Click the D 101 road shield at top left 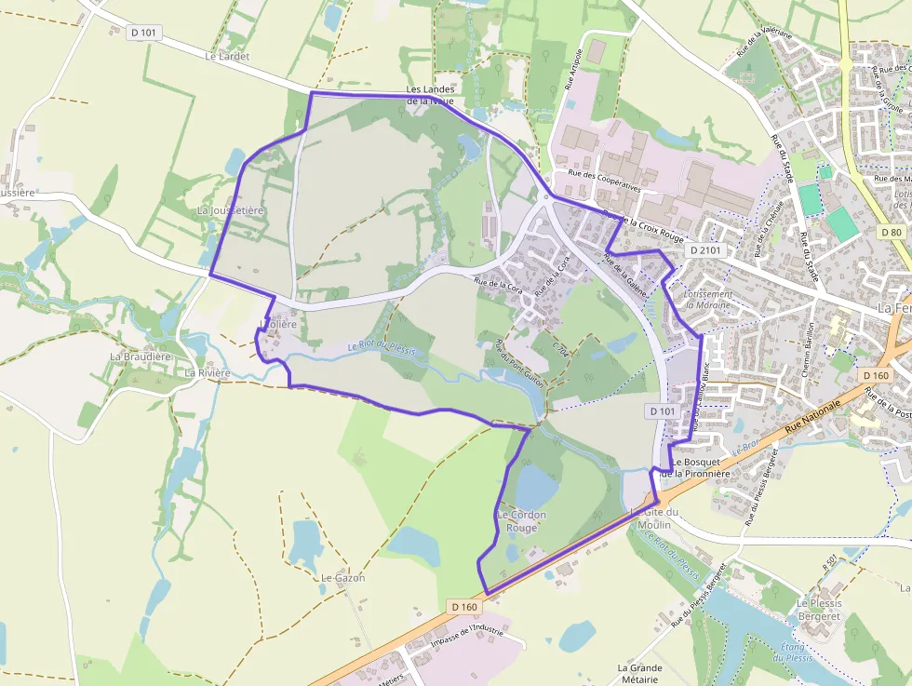click(x=144, y=32)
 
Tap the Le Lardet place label click(x=227, y=56)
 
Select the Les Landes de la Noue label click(x=430, y=95)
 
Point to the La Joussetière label click(x=231, y=211)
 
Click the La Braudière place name click(x=141, y=356)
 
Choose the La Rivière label click(x=207, y=372)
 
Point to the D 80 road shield click(x=891, y=232)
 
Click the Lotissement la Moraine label click(x=707, y=299)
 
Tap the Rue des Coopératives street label click(x=604, y=180)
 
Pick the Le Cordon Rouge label click(x=521, y=521)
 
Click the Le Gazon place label click(x=342, y=578)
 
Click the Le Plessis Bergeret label click(x=819, y=610)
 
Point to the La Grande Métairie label click(x=639, y=674)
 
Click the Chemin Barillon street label click(x=808, y=350)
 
